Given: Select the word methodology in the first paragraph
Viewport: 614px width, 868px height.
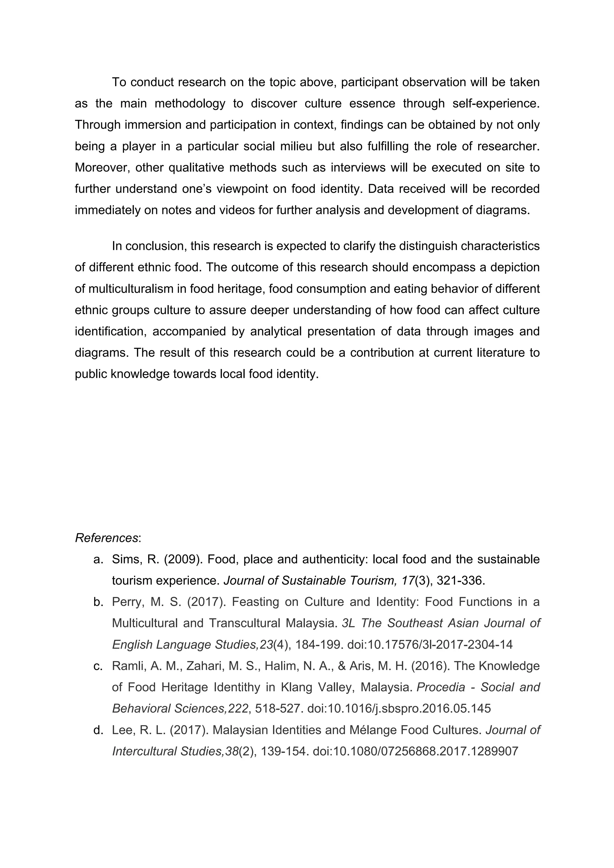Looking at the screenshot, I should [190, 103].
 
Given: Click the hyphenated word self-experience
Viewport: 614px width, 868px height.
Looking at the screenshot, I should [496, 103].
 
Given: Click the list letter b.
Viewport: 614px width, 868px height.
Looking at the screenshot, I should [98, 602].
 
